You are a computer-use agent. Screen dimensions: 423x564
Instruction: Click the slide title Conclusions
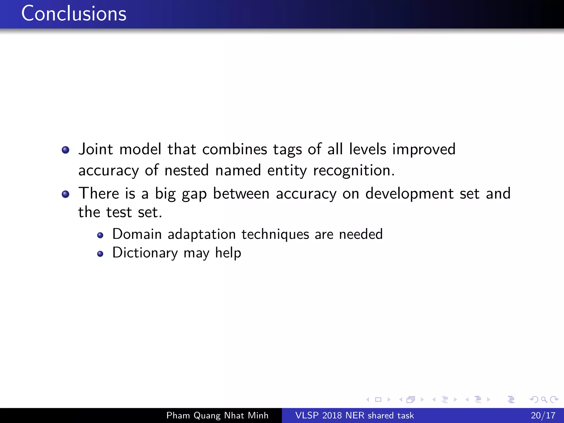[74, 14]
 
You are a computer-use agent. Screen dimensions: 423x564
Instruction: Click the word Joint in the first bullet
[96, 150]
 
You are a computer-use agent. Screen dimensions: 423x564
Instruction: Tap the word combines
[235, 150]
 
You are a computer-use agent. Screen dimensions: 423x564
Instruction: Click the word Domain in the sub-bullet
[137, 234]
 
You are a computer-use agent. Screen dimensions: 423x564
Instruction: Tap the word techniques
[275, 234]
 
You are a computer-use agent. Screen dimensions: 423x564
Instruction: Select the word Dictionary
[145, 253]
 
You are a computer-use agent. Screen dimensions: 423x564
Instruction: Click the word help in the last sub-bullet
[228, 253]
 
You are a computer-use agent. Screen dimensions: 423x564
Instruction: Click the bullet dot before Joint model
[66, 150]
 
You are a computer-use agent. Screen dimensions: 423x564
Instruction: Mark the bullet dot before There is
[66, 194]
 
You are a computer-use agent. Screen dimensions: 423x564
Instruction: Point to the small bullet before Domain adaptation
[100, 235]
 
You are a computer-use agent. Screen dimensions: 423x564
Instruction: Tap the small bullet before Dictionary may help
[100, 254]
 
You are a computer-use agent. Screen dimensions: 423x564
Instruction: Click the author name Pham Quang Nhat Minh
[217, 415]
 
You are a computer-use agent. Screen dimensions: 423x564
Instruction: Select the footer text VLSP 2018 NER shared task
[354, 415]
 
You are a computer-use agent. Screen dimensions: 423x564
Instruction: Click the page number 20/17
[543, 415]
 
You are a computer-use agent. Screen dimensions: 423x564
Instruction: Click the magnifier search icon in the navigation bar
[544, 400]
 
